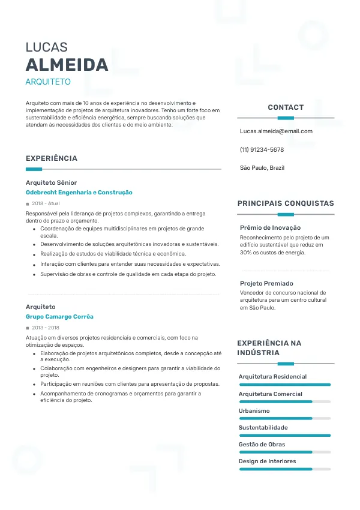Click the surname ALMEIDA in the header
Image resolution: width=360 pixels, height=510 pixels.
[67, 65]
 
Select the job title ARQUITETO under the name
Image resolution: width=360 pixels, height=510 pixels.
[48, 82]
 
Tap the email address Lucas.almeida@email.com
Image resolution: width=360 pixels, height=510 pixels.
[276, 131]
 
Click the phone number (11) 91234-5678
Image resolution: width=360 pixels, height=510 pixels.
[262, 149]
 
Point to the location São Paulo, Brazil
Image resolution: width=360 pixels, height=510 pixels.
[262, 168]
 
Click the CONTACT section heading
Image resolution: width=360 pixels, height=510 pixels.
[286, 107]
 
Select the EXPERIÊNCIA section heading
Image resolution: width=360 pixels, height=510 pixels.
[52, 158]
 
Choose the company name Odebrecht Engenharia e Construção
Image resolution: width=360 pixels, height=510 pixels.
[79, 193]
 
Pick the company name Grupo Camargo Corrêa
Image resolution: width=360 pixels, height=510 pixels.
[59, 317]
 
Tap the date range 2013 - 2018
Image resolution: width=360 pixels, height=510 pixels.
[46, 328]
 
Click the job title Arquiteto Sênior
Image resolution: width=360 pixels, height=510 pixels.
[51, 182]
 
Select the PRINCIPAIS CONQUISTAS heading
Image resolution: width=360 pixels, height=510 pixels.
[286, 203]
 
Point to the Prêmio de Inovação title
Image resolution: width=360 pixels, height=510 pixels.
[270, 228]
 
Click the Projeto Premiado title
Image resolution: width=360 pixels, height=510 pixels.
[266, 283]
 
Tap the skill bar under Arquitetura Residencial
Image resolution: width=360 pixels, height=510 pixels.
[285, 385]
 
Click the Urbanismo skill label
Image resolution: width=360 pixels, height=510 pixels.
[254, 411]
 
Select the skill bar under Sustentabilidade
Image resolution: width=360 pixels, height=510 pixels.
[285, 436]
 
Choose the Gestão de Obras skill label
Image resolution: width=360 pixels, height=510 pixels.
[262, 445]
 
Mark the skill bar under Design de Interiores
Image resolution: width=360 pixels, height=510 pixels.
[285, 469]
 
